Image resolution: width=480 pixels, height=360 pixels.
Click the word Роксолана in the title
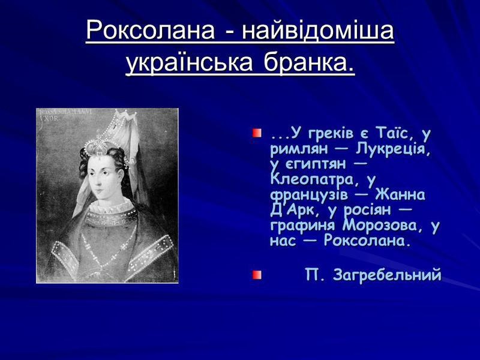click(x=150, y=31)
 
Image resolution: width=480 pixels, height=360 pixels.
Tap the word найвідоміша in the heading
click(x=318, y=31)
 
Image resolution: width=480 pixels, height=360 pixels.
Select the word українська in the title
click(x=189, y=63)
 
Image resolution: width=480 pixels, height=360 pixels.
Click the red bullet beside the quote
click(x=257, y=133)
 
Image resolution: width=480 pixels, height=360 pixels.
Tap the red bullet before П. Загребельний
click(x=257, y=275)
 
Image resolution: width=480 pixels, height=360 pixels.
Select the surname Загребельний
click(x=387, y=275)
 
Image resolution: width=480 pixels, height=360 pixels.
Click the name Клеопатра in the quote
click(x=312, y=179)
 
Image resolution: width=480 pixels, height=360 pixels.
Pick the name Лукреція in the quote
click(x=393, y=150)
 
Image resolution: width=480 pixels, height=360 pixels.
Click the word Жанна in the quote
click(x=400, y=194)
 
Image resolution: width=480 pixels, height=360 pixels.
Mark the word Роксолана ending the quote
click(x=367, y=241)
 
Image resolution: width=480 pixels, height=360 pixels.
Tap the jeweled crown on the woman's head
click(x=98, y=144)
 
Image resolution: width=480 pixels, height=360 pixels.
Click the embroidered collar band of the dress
click(x=111, y=217)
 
